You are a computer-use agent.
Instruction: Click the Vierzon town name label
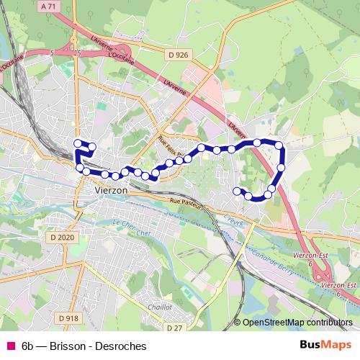point(111,189)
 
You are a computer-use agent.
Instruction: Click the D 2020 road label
point(63,237)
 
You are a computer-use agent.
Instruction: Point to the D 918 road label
point(69,318)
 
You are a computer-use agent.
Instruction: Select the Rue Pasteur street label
point(186,204)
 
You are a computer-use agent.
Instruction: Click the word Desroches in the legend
point(120,346)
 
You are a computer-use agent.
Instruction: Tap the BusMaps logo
point(327,346)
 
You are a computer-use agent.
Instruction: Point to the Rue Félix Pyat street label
point(176,144)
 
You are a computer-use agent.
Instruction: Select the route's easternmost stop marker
point(282,168)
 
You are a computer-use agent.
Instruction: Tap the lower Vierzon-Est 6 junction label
point(339,288)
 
